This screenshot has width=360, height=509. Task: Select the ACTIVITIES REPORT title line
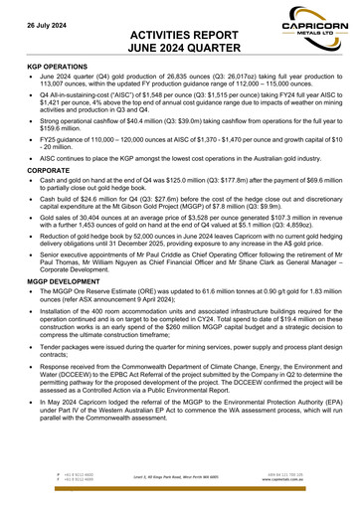(179, 33)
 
